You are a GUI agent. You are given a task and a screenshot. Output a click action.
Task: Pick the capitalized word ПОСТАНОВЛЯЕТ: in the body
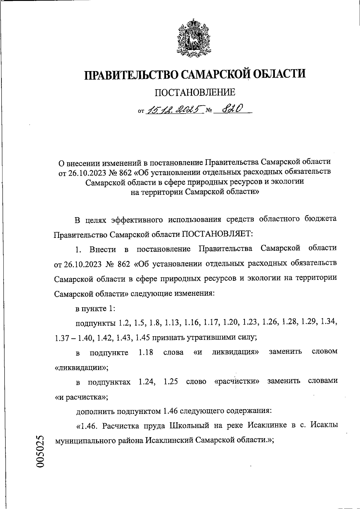[218, 234]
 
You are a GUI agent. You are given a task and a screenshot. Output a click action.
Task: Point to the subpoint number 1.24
[146, 382]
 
